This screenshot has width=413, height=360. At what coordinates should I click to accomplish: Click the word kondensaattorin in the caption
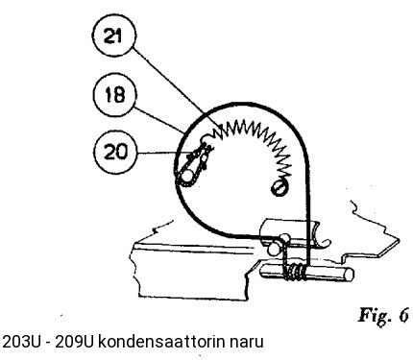155,342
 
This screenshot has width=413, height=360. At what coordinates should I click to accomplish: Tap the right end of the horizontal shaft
348,275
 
